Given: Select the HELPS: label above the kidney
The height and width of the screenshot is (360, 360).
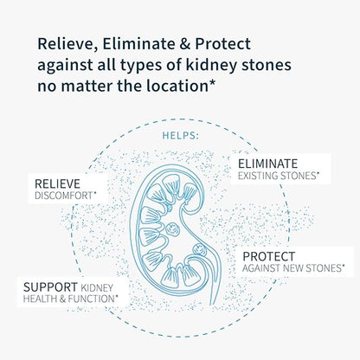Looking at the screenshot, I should pyautogui.click(x=180, y=136).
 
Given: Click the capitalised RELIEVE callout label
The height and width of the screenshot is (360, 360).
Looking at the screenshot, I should pyautogui.click(x=58, y=183).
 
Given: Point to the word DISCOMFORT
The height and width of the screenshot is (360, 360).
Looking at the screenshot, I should pyautogui.click(x=64, y=196).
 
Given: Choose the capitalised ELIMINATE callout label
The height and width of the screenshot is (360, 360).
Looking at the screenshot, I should pyautogui.click(x=267, y=163).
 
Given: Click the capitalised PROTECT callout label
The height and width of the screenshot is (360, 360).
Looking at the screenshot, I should pyautogui.click(x=269, y=257).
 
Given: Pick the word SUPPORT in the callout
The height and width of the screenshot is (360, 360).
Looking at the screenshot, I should pyautogui.click(x=51, y=286).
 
